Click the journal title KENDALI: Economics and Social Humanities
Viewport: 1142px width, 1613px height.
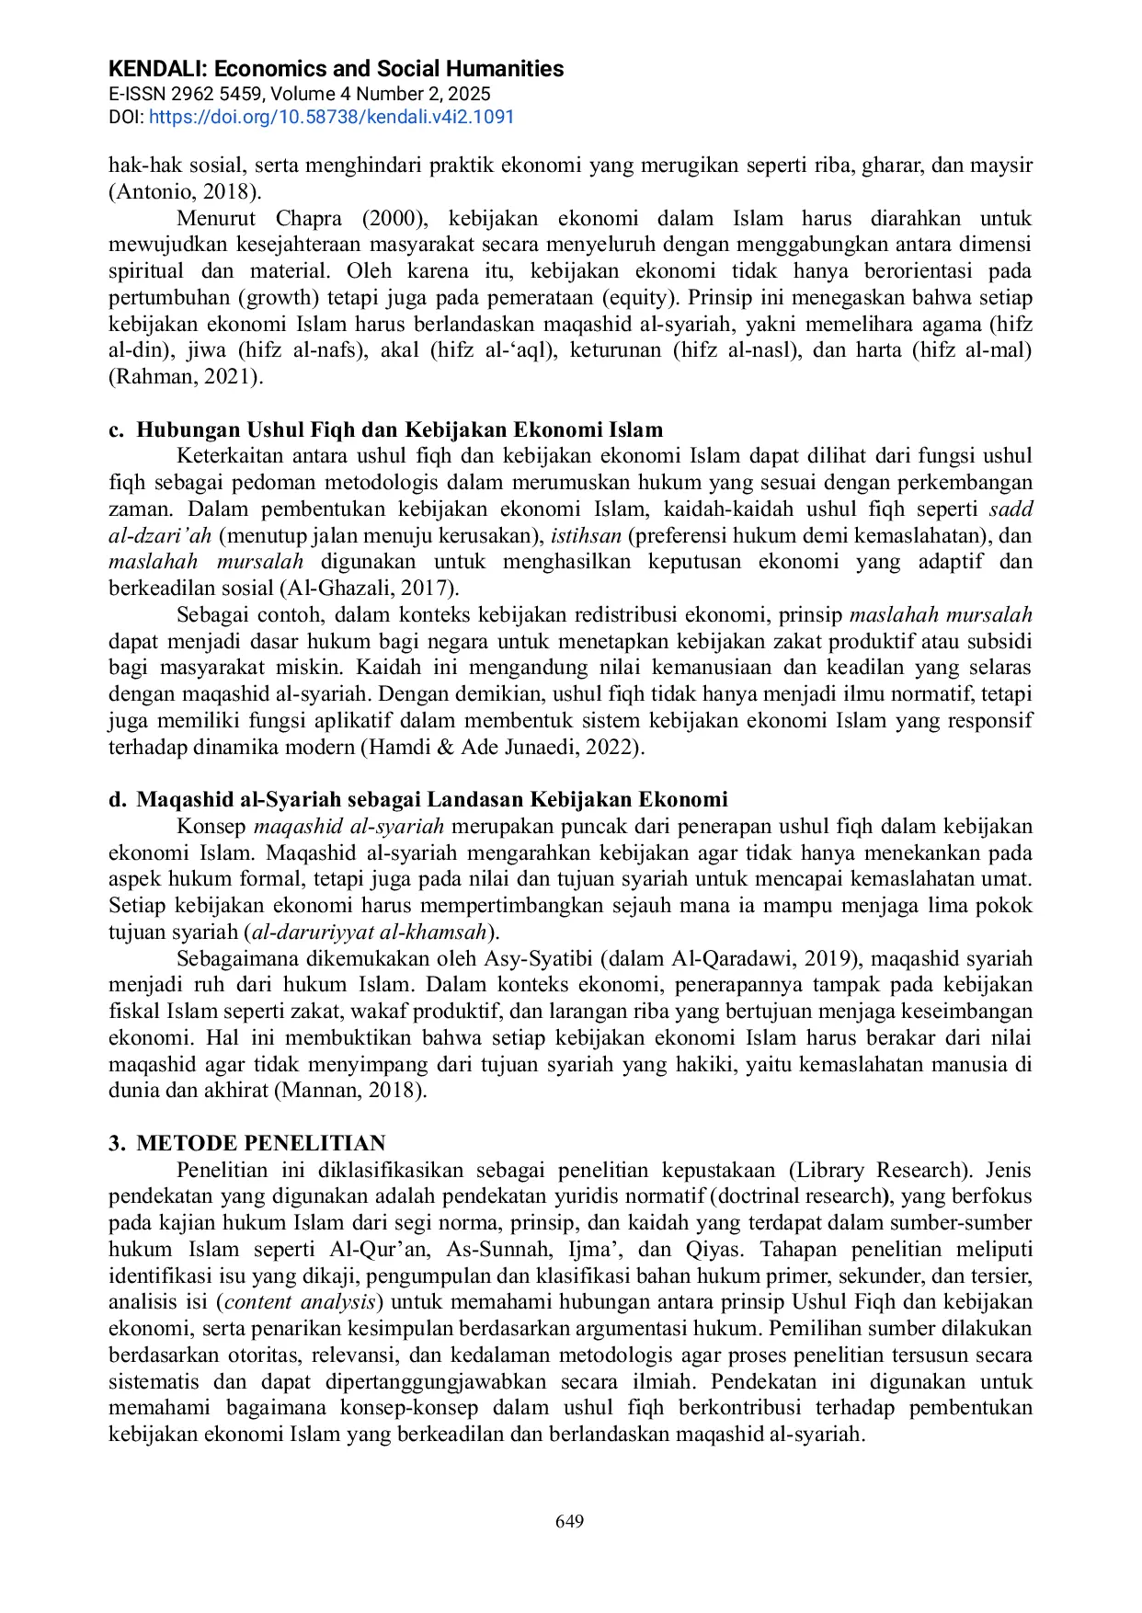tap(336, 69)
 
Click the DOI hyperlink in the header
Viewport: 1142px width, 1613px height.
tap(331, 117)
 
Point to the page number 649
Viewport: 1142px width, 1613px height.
tap(570, 1521)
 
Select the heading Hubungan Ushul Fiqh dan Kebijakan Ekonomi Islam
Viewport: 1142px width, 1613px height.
tap(399, 429)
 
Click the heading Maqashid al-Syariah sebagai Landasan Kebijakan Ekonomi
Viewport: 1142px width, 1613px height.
tap(431, 799)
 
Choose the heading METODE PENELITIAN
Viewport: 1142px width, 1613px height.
tap(260, 1143)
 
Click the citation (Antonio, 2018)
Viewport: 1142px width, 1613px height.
tap(185, 191)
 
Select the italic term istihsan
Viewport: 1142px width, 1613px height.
tap(586, 535)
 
